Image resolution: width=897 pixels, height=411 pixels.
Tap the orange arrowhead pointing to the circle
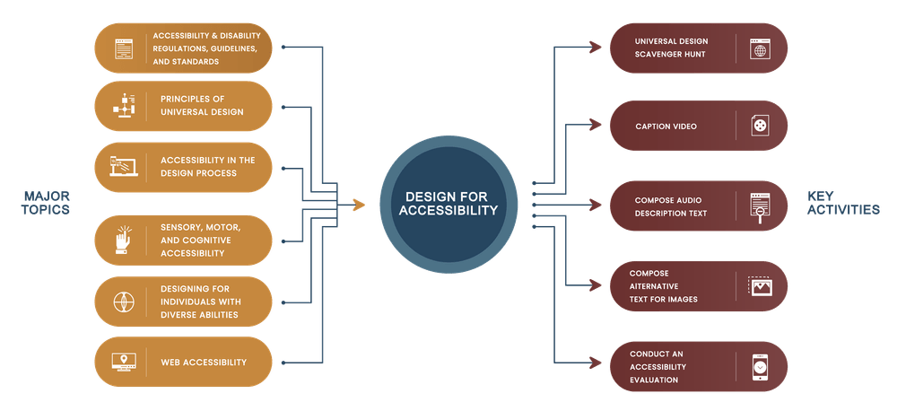pos(359,205)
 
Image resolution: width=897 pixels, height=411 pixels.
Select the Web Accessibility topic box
pos(183,363)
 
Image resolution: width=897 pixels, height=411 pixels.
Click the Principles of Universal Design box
pos(183,106)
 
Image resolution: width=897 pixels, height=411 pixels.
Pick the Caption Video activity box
pos(698,126)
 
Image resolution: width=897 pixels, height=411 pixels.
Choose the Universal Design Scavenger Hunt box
pos(698,48)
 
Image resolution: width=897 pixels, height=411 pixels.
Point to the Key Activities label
pos(842,203)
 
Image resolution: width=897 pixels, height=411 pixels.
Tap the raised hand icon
pos(123,240)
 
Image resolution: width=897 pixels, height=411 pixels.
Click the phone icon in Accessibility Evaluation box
pos(760,366)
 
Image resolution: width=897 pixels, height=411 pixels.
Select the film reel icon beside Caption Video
pos(761,126)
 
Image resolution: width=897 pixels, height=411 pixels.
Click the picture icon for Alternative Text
pos(761,286)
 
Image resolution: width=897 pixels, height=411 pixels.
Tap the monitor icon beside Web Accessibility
pos(123,363)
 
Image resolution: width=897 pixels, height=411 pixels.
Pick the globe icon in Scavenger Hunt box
pos(761,48)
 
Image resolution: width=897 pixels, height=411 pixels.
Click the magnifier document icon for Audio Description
pos(761,206)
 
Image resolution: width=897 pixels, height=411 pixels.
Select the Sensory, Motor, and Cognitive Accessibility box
pos(183,240)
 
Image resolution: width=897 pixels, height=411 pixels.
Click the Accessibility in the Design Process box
pos(183,167)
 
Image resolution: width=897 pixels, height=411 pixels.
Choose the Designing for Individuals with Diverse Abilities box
pos(183,302)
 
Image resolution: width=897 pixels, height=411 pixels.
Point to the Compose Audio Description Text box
pos(698,206)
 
